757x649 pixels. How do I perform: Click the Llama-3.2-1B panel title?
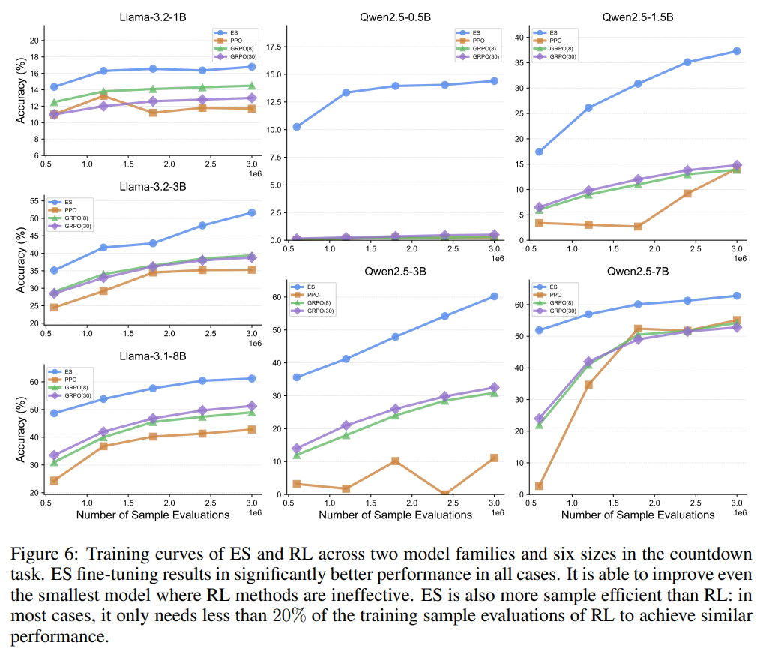(x=152, y=16)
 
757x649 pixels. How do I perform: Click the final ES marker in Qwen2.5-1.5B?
(x=737, y=51)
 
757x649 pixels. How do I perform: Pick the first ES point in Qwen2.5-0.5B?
(x=297, y=127)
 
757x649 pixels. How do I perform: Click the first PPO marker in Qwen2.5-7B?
(x=539, y=486)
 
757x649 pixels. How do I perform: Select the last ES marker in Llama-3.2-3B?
(x=251, y=213)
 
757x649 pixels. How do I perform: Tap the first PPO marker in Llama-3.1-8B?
(x=54, y=480)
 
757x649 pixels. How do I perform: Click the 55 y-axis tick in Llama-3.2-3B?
(x=34, y=202)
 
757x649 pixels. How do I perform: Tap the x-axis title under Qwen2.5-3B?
(x=395, y=515)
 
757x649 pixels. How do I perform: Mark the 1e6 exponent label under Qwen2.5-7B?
(x=739, y=512)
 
